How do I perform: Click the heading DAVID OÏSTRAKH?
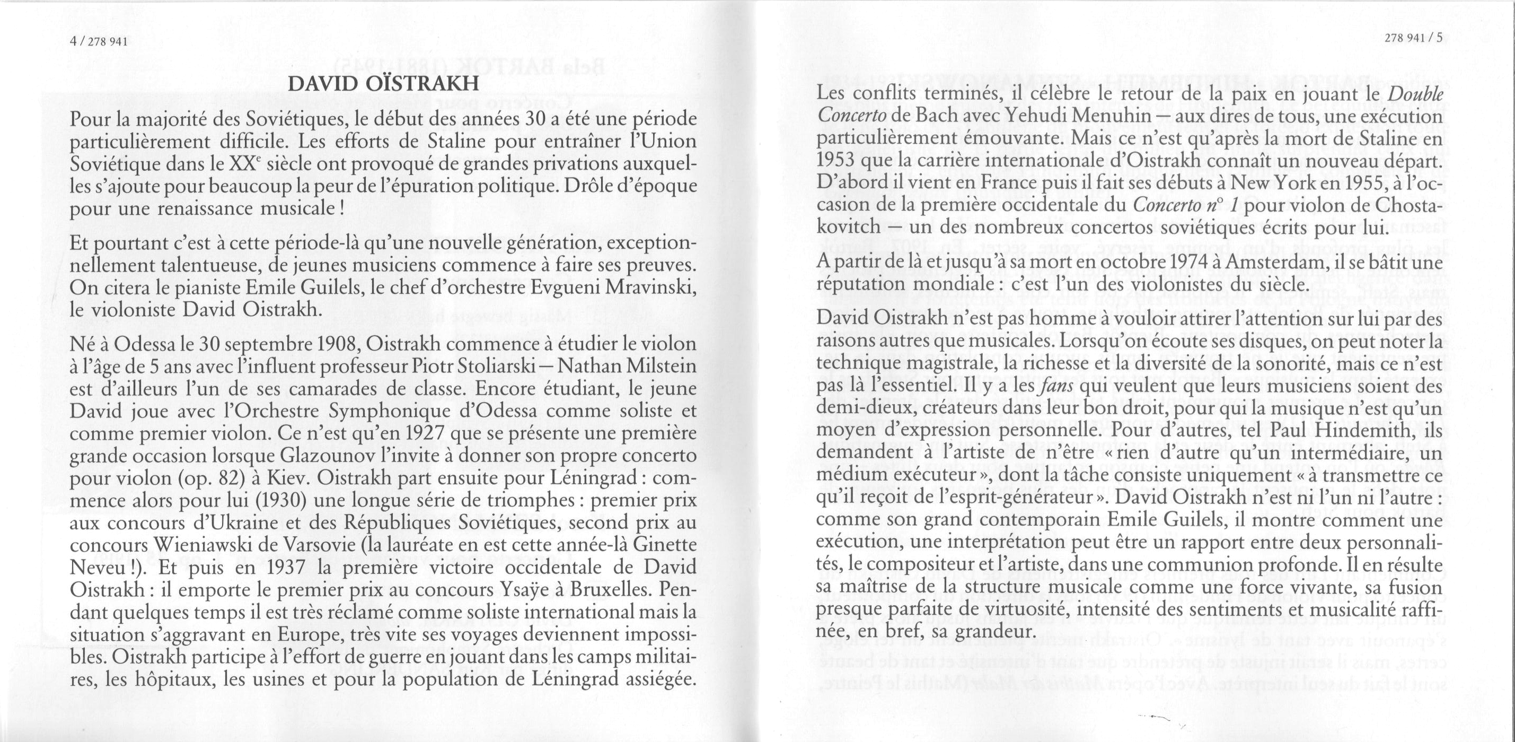click(383, 85)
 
